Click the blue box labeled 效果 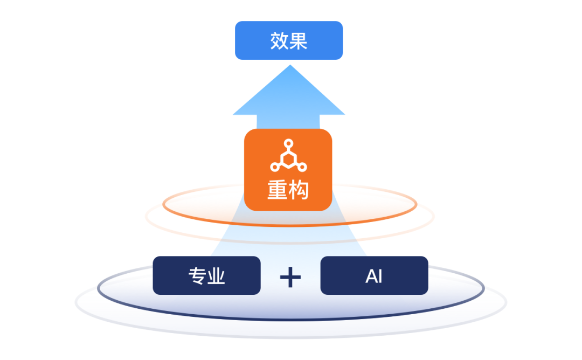point(289,40)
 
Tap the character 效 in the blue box point(279,41)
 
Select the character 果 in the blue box point(299,41)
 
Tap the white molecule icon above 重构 point(289,156)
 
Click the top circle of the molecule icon point(289,143)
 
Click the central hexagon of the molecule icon point(289,159)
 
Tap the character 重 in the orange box point(278,190)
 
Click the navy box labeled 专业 point(206,275)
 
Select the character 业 point(216,276)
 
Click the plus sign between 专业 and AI point(290,277)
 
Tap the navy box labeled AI point(374,275)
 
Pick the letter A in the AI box point(371,276)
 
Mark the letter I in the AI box point(380,276)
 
